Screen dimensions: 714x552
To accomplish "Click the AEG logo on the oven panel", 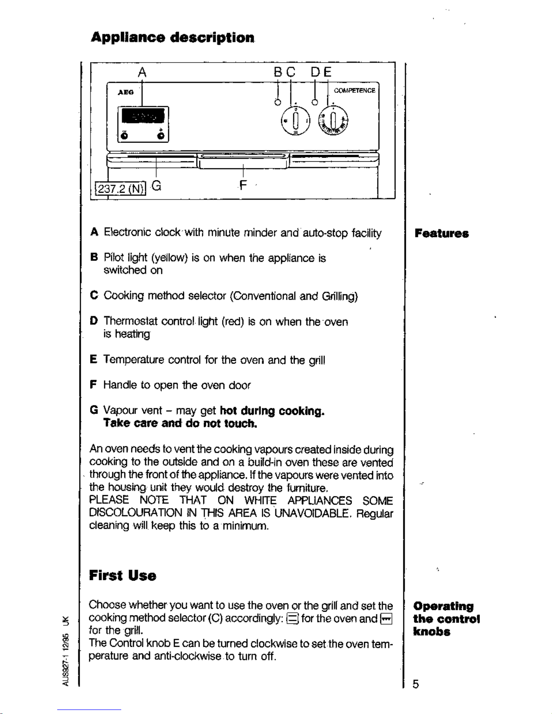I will pyautogui.click(x=125, y=92).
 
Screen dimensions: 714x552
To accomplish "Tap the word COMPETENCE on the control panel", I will pyautogui.click(x=354, y=91).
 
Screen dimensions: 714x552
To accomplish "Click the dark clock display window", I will pyautogui.click(x=143, y=117).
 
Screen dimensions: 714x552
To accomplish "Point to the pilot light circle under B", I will pyautogui.click(x=278, y=102).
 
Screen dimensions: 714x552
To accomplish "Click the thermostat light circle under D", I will pyautogui.click(x=315, y=102).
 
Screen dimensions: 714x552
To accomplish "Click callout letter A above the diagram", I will pyautogui.click(x=142, y=73).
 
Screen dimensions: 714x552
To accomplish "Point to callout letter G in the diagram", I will pyautogui.click(x=156, y=185).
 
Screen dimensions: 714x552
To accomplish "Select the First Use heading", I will pyautogui.click(x=123, y=575).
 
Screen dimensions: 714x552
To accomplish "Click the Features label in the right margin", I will pyautogui.click(x=442, y=233).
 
